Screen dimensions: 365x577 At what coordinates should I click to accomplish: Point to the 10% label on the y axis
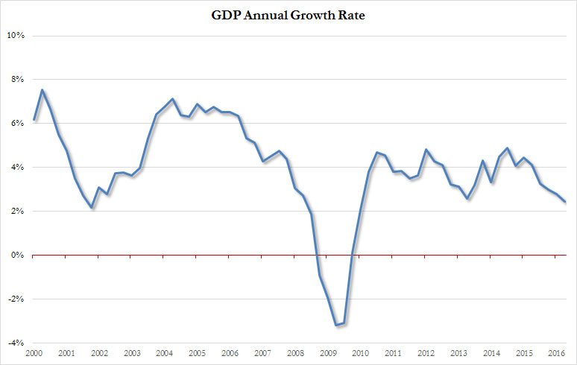pyautogui.click(x=16, y=36)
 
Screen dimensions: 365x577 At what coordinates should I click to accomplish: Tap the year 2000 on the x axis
pyautogui.click(x=34, y=353)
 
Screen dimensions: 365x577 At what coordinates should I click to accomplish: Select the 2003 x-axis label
pyautogui.click(x=132, y=353)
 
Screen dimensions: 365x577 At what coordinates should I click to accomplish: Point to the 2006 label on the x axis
pyautogui.click(x=230, y=353)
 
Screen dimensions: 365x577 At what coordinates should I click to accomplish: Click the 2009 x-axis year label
pyautogui.click(x=328, y=353)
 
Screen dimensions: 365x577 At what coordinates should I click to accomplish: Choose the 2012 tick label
pyautogui.click(x=426, y=353)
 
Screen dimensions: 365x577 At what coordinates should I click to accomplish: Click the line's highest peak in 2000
pyautogui.click(x=42, y=90)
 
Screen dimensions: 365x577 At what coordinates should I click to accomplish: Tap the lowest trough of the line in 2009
pyautogui.click(x=335, y=326)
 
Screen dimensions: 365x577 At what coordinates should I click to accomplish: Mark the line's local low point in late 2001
pyautogui.click(x=91, y=208)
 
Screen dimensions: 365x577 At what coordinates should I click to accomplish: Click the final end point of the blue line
pyautogui.click(x=565, y=202)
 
